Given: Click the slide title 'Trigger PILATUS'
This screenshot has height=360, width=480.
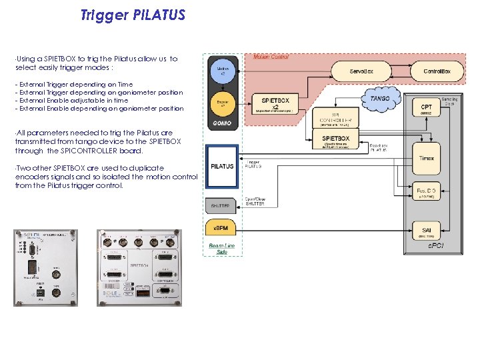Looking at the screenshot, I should [x=132, y=15].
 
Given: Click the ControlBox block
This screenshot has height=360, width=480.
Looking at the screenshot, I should [x=437, y=71].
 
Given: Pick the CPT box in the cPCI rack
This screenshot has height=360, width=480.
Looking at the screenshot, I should [x=425, y=109].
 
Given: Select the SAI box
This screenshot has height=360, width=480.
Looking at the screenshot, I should [x=425, y=232].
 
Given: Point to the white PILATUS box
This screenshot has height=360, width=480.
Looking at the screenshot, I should [x=222, y=166].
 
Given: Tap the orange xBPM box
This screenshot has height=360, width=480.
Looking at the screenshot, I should [x=222, y=229].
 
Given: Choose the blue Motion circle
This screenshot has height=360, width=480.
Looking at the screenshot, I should [x=222, y=69].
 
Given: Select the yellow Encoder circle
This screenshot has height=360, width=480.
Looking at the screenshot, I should [x=222, y=105].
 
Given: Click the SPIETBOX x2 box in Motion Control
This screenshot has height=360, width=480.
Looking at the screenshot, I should [x=275, y=104].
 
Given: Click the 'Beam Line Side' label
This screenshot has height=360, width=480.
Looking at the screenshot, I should [x=222, y=249].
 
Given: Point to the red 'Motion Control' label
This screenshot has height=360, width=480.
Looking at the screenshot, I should [x=271, y=57].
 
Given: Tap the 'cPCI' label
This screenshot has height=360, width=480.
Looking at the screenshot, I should [x=437, y=246].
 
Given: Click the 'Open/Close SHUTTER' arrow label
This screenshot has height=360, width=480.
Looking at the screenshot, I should [x=255, y=201].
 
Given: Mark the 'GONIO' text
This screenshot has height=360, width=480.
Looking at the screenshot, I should [x=222, y=124].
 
